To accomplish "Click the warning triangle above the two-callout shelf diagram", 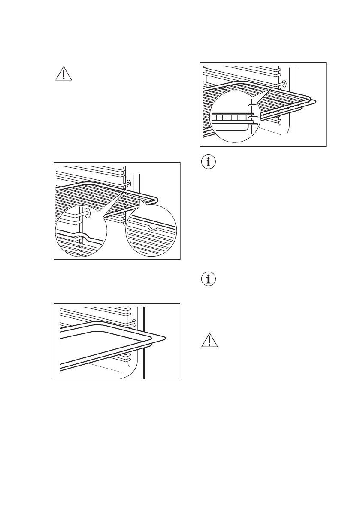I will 64,74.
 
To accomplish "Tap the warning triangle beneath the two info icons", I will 209,340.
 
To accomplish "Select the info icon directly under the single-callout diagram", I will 209,163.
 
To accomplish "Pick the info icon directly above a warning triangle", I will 209,280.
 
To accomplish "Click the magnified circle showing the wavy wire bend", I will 81,232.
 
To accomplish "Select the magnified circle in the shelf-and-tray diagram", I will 235,116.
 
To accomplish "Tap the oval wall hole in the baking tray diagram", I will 134,322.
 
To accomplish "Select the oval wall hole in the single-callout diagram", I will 284,83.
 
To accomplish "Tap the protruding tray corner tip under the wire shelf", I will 316,102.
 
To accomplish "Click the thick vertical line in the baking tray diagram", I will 144,343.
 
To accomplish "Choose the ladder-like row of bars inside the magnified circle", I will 230,117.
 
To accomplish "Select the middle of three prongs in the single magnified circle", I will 253,117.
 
